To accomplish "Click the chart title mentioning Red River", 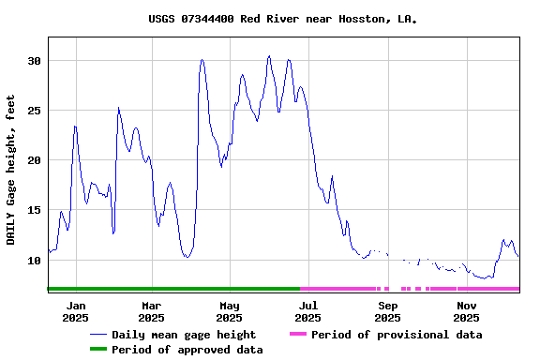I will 282,19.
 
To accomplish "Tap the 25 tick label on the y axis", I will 34,111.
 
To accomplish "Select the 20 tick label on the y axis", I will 34,160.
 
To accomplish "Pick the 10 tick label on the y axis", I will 34,261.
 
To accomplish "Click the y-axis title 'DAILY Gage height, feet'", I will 11,170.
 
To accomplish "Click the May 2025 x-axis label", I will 230,311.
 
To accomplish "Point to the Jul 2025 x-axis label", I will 308,311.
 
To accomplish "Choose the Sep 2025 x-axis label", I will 388,311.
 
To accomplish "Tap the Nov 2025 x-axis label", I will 466,311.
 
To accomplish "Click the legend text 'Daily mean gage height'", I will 184,335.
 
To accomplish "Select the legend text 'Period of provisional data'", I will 397,335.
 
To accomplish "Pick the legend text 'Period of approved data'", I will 187,350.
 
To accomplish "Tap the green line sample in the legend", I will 97,350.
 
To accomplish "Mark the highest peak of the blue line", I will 269,56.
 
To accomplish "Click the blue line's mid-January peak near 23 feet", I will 75,127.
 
